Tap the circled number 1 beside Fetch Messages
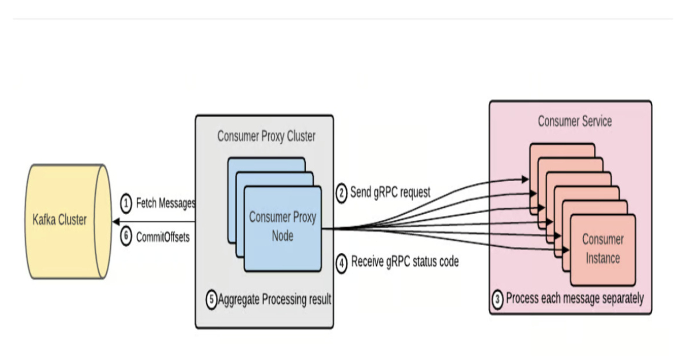[126, 203]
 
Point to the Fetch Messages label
[165, 203]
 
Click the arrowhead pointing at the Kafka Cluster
[115, 221]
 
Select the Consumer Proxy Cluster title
[266, 137]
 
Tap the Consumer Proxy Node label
[282, 226]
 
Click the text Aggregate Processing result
[275, 299]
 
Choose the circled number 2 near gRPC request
[341, 193]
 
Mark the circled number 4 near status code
[341, 264]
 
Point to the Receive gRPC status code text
[405, 263]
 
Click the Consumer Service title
[575, 121]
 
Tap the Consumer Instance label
[603, 249]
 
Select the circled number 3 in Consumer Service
[498, 299]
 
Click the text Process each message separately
[575, 298]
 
